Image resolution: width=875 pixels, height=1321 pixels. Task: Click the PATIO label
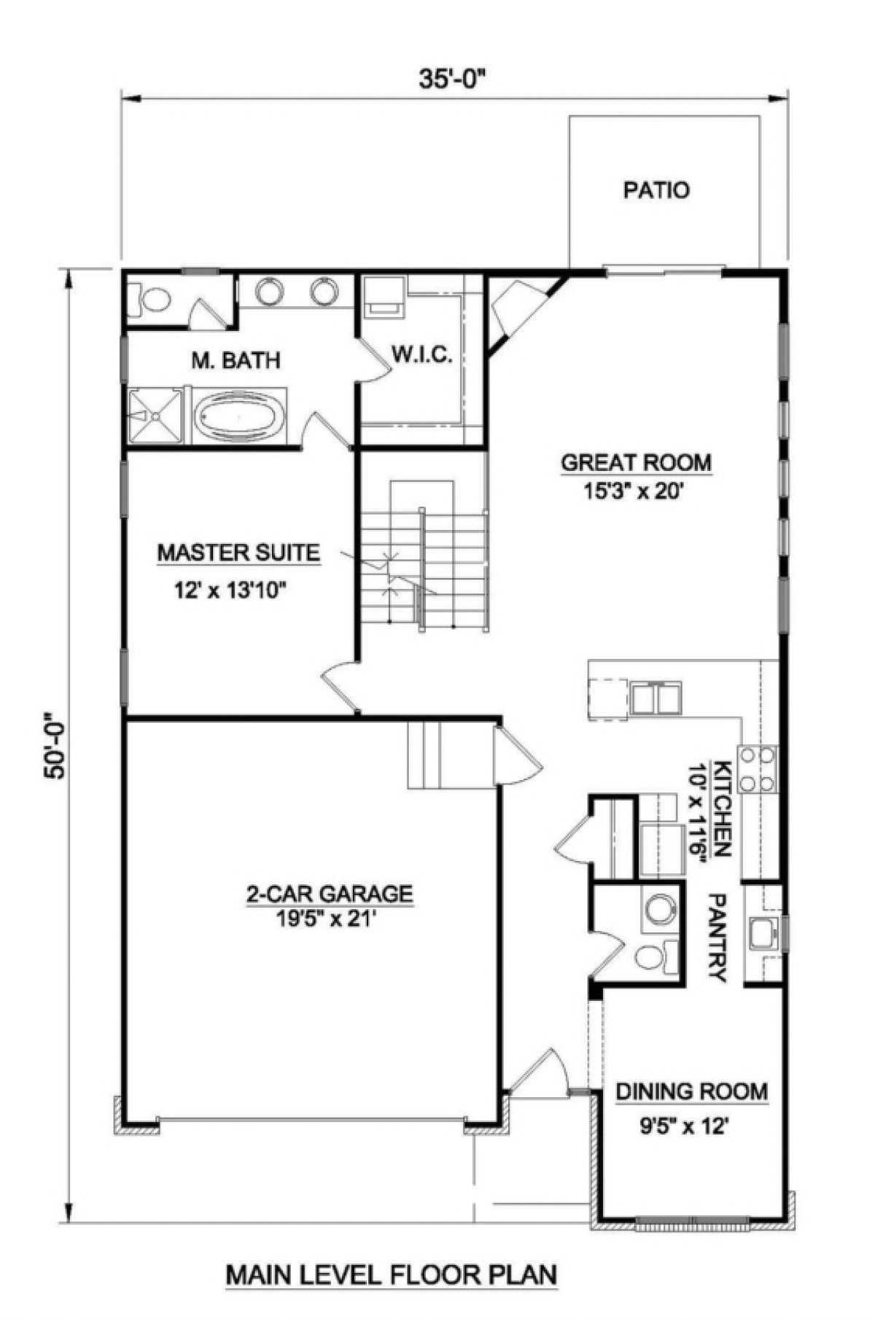point(656,190)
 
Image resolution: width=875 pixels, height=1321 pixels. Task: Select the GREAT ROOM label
point(636,462)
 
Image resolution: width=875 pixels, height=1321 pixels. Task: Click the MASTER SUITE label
point(238,553)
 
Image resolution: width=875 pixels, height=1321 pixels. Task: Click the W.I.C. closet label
point(422,355)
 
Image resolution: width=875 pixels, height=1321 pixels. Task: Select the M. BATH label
point(236,359)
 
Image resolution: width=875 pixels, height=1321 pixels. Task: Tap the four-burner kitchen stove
point(758,769)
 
